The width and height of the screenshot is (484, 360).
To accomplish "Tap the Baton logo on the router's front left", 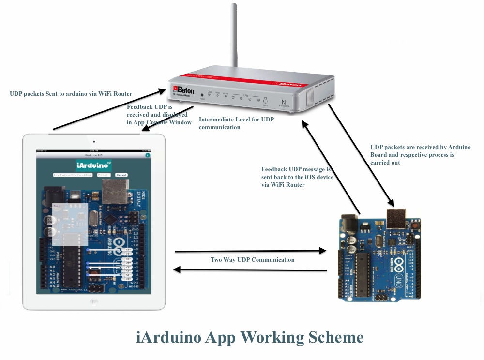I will [x=184, y=90].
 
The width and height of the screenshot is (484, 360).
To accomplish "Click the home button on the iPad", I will [x=94, y=301].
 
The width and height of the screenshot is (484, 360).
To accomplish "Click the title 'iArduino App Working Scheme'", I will [x=249, y=337].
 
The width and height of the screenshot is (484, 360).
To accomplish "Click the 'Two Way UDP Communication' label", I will [x=252, y=260].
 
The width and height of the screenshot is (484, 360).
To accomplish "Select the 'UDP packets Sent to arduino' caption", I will [x=71, y=93].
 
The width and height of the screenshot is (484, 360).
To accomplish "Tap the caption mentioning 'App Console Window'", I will [x=159, y=114].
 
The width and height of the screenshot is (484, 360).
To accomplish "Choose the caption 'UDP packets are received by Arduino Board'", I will [x=420, y=155].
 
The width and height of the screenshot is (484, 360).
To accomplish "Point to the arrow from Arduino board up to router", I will [x=331, y=166].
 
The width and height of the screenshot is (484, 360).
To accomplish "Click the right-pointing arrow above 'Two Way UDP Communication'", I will [x=250, y=251].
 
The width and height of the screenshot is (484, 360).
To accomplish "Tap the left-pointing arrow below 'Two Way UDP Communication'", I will [x=250, y=270].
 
